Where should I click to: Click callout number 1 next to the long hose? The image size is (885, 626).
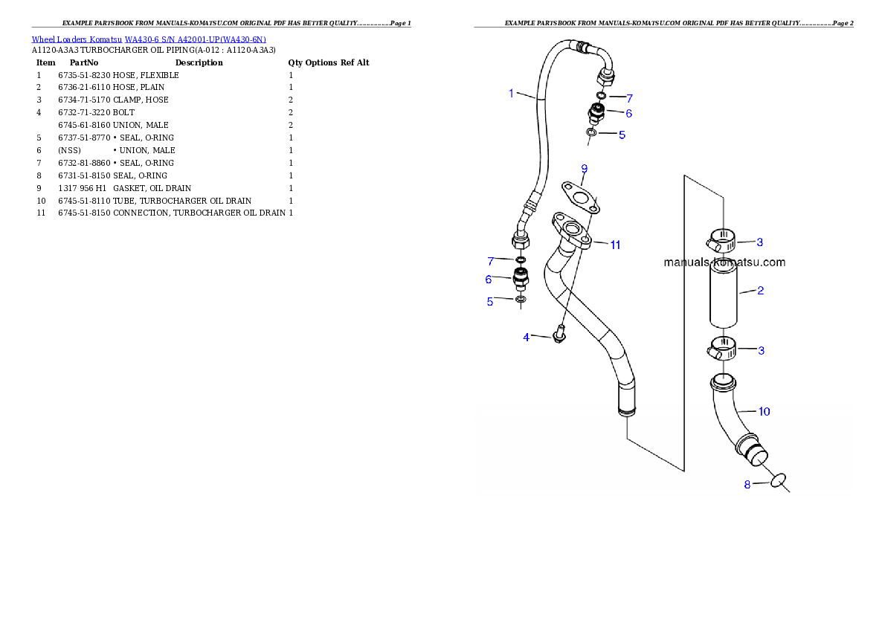click(x=511, y=93)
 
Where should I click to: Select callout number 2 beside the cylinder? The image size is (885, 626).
click(x=760, y=291)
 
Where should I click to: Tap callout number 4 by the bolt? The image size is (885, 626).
click(x=527, y=337)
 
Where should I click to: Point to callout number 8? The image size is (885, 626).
click(x=747, y=485)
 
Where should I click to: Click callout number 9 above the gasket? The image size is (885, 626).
click(x=585, y=169)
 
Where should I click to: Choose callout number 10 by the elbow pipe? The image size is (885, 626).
click(x=764, y=411)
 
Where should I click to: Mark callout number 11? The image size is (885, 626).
click(x=615, y=245)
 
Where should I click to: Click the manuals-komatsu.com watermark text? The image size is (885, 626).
click(x=724, y=262)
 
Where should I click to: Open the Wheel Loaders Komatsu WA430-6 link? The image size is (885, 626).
click(x=149, y=39)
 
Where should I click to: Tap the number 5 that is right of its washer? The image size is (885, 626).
click(x=622, y=135)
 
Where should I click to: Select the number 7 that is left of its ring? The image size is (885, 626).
click(x=490, y=261)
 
